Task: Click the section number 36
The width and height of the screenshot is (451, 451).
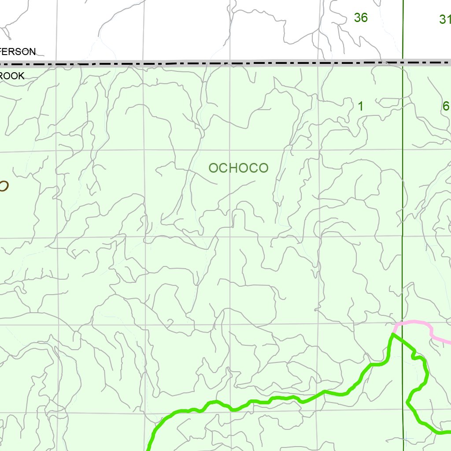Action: [360, 18]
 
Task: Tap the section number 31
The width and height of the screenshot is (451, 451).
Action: [445, 19]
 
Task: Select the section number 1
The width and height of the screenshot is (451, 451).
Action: [361, 106]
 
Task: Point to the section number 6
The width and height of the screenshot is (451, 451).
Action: [446, 106]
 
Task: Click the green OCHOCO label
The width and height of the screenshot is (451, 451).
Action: [238, 168]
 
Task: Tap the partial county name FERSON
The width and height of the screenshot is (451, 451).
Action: [18, 52]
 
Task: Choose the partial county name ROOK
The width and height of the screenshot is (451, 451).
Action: [12, 76]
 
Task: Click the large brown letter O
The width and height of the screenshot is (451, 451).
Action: [3, 186]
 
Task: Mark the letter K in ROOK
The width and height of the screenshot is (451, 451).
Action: [21, 76]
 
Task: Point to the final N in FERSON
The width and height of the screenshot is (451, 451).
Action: [32, 52]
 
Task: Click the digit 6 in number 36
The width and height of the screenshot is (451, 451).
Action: [364, 18]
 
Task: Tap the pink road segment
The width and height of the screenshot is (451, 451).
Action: [418, 324]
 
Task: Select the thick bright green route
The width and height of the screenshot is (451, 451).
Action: [264, 401]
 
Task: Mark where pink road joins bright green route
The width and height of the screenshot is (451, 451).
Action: [393, 334]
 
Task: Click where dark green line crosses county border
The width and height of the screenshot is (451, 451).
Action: [403, 62]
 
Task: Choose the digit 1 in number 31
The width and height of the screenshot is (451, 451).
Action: [448, 19]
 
